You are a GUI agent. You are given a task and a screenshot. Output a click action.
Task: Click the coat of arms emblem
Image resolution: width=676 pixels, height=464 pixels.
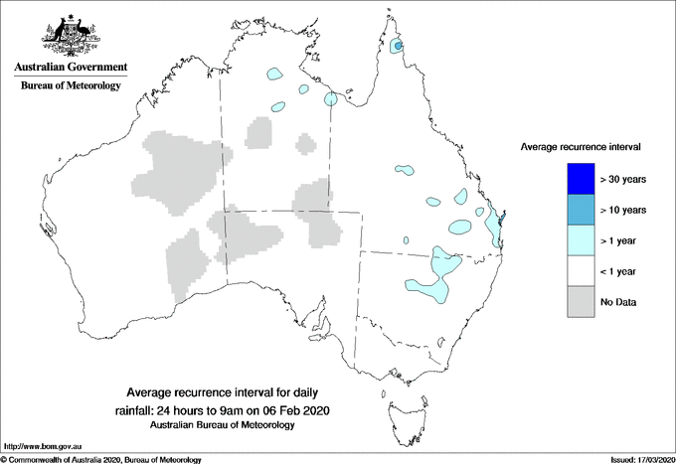click(x=70, y=34)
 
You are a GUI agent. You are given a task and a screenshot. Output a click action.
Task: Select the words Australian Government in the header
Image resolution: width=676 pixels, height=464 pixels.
click(x=71, y=68)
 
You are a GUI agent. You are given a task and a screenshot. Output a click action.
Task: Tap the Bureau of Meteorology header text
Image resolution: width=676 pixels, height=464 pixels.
click(x=71, y=86)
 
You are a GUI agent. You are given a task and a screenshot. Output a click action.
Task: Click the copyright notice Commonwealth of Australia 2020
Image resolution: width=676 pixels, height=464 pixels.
click(x=100, y=459)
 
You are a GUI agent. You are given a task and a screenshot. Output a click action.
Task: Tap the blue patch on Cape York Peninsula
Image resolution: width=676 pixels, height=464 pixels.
click(x=398, y=46)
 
